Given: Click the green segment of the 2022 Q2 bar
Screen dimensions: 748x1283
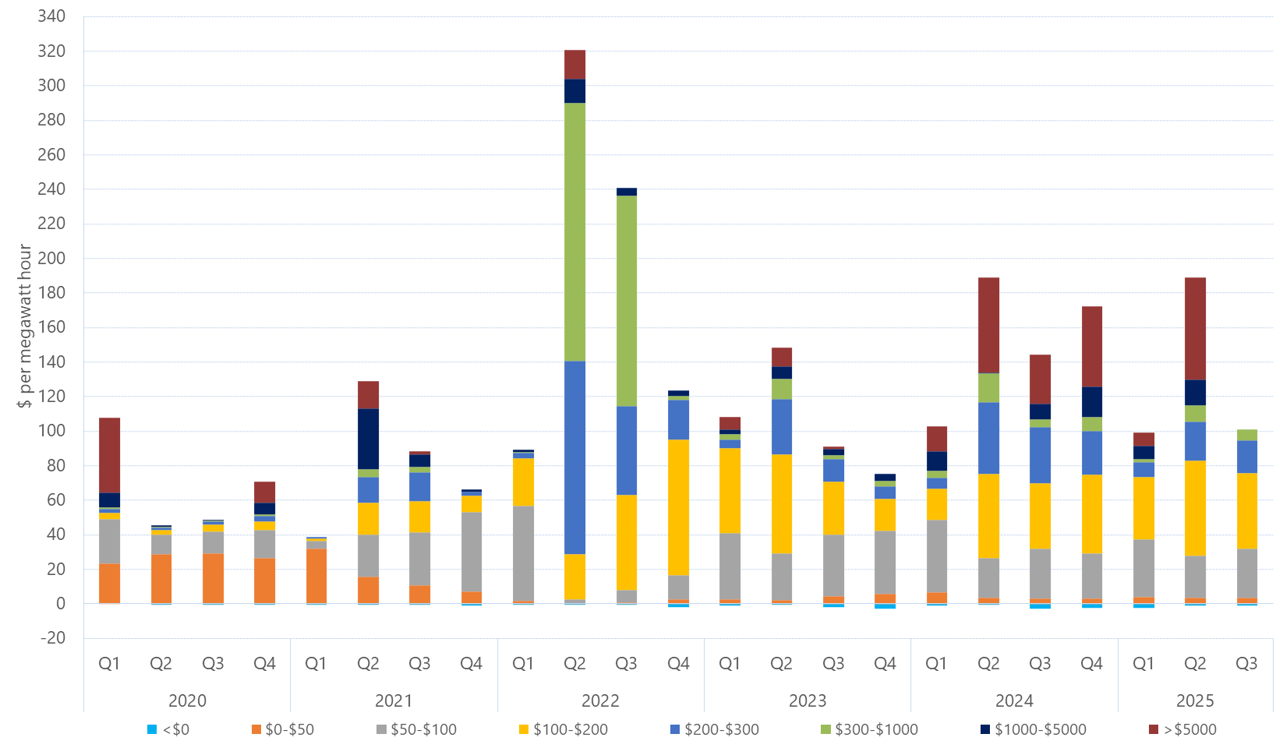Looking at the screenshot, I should pos(574,232).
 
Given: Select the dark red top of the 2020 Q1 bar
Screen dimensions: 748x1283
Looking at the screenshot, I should pos(110,455).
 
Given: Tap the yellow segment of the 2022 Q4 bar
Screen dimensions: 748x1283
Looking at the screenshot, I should pos(678,507).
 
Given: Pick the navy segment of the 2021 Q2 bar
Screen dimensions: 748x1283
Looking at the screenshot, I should pos(368,439).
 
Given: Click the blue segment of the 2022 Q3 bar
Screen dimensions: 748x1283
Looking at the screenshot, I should pos(626,450).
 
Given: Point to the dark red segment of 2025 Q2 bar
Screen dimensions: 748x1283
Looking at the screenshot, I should pos(1195,329).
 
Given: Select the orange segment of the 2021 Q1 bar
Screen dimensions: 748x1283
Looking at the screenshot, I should pos(316,575).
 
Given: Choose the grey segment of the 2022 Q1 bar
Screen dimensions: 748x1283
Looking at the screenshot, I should pos(523,553).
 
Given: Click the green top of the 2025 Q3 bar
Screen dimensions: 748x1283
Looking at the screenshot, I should pos(1246,435).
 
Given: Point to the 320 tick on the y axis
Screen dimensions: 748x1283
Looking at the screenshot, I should pos(51,51).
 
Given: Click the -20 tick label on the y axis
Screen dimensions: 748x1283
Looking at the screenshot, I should pos(51,637).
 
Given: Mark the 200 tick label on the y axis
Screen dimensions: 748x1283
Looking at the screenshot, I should pos(51,258).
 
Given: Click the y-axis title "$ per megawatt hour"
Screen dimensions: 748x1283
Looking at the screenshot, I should pos(25,326).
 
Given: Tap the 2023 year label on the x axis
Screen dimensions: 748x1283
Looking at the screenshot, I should pos(807,700).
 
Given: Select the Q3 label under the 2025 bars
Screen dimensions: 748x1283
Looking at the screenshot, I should pos(1246,663).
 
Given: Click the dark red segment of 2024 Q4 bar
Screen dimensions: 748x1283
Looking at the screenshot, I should pos(1091,347).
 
